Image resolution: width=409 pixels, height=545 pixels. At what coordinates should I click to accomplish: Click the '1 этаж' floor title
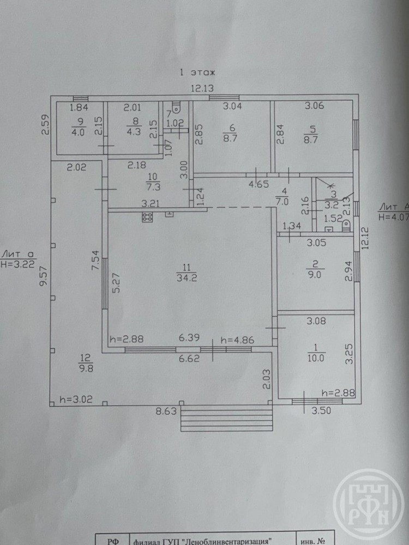[197, 72]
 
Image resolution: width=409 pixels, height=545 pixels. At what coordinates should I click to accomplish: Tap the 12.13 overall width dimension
[202, 89]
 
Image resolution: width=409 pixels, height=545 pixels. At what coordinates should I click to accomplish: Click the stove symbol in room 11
[147, 217]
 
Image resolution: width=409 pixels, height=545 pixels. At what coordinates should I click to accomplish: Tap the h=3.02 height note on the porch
[76, 399]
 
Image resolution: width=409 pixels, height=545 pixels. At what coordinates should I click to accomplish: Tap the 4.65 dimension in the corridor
[257, 184]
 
